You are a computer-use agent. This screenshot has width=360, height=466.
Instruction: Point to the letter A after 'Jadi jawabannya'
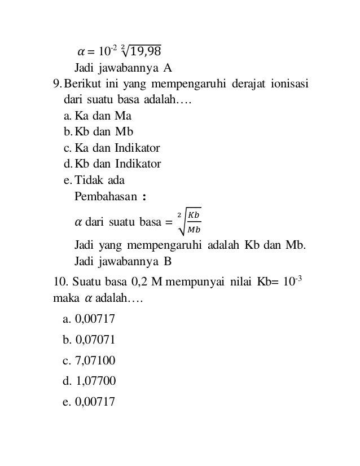[168, 69]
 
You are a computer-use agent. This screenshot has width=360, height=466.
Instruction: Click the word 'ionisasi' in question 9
[288, 85]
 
